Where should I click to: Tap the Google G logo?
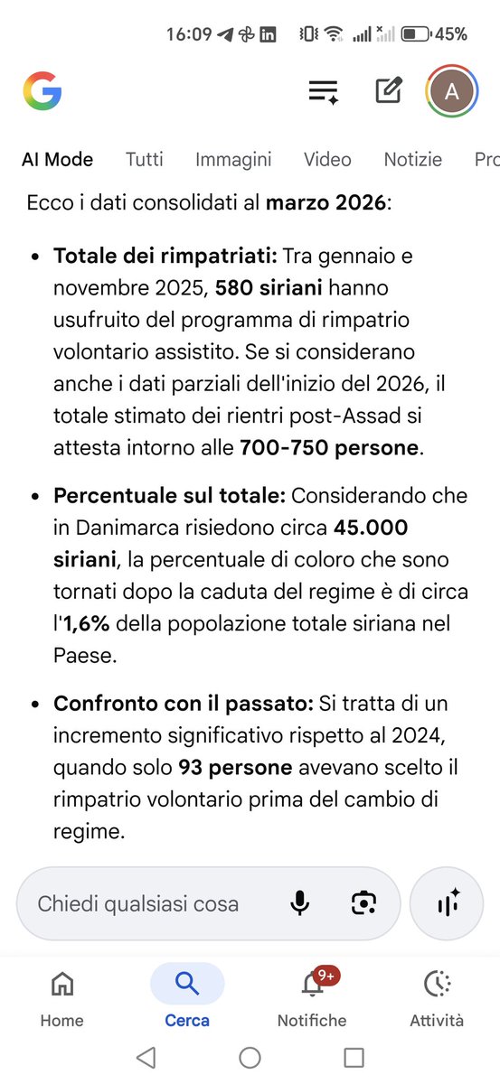(42, 91)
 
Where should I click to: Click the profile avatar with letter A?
(452, 91)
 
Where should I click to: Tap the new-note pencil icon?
(389, 91)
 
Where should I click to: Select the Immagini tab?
(233, 160)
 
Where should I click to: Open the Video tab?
(327, 160)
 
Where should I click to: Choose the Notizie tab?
(413, 160)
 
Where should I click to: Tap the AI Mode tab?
(58, 160)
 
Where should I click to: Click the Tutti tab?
(145, 160)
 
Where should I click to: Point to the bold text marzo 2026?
(325, 203)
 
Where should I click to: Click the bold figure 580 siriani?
(269, 289)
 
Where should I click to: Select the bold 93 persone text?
(235, 768)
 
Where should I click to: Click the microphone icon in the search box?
(299, 903)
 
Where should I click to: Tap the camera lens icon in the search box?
(363, 903)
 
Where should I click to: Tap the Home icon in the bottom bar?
(61, 984)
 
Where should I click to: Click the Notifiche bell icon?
(311, 985)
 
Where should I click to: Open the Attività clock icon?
(437, 984)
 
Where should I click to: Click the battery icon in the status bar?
(416, 34)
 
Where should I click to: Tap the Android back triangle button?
(146, 1057)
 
